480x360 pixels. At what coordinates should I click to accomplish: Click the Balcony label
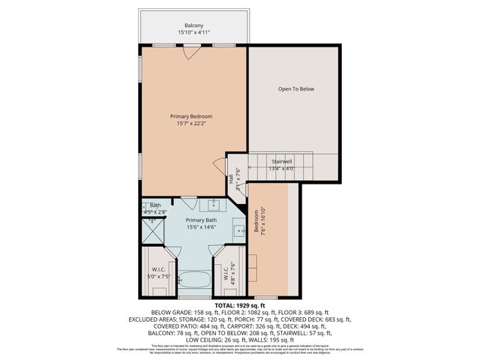pos(193,25)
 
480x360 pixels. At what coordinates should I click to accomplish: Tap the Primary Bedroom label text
pos(191,116)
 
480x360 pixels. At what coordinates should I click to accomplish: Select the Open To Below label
pos(296,89)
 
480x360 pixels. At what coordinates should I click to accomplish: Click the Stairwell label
pos(280,161)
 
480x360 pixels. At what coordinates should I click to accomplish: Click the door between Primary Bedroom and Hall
pos(219,167)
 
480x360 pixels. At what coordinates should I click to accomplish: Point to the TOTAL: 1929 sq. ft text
pos(240,306)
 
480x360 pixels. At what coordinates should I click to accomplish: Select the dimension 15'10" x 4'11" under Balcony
pos(193,33)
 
